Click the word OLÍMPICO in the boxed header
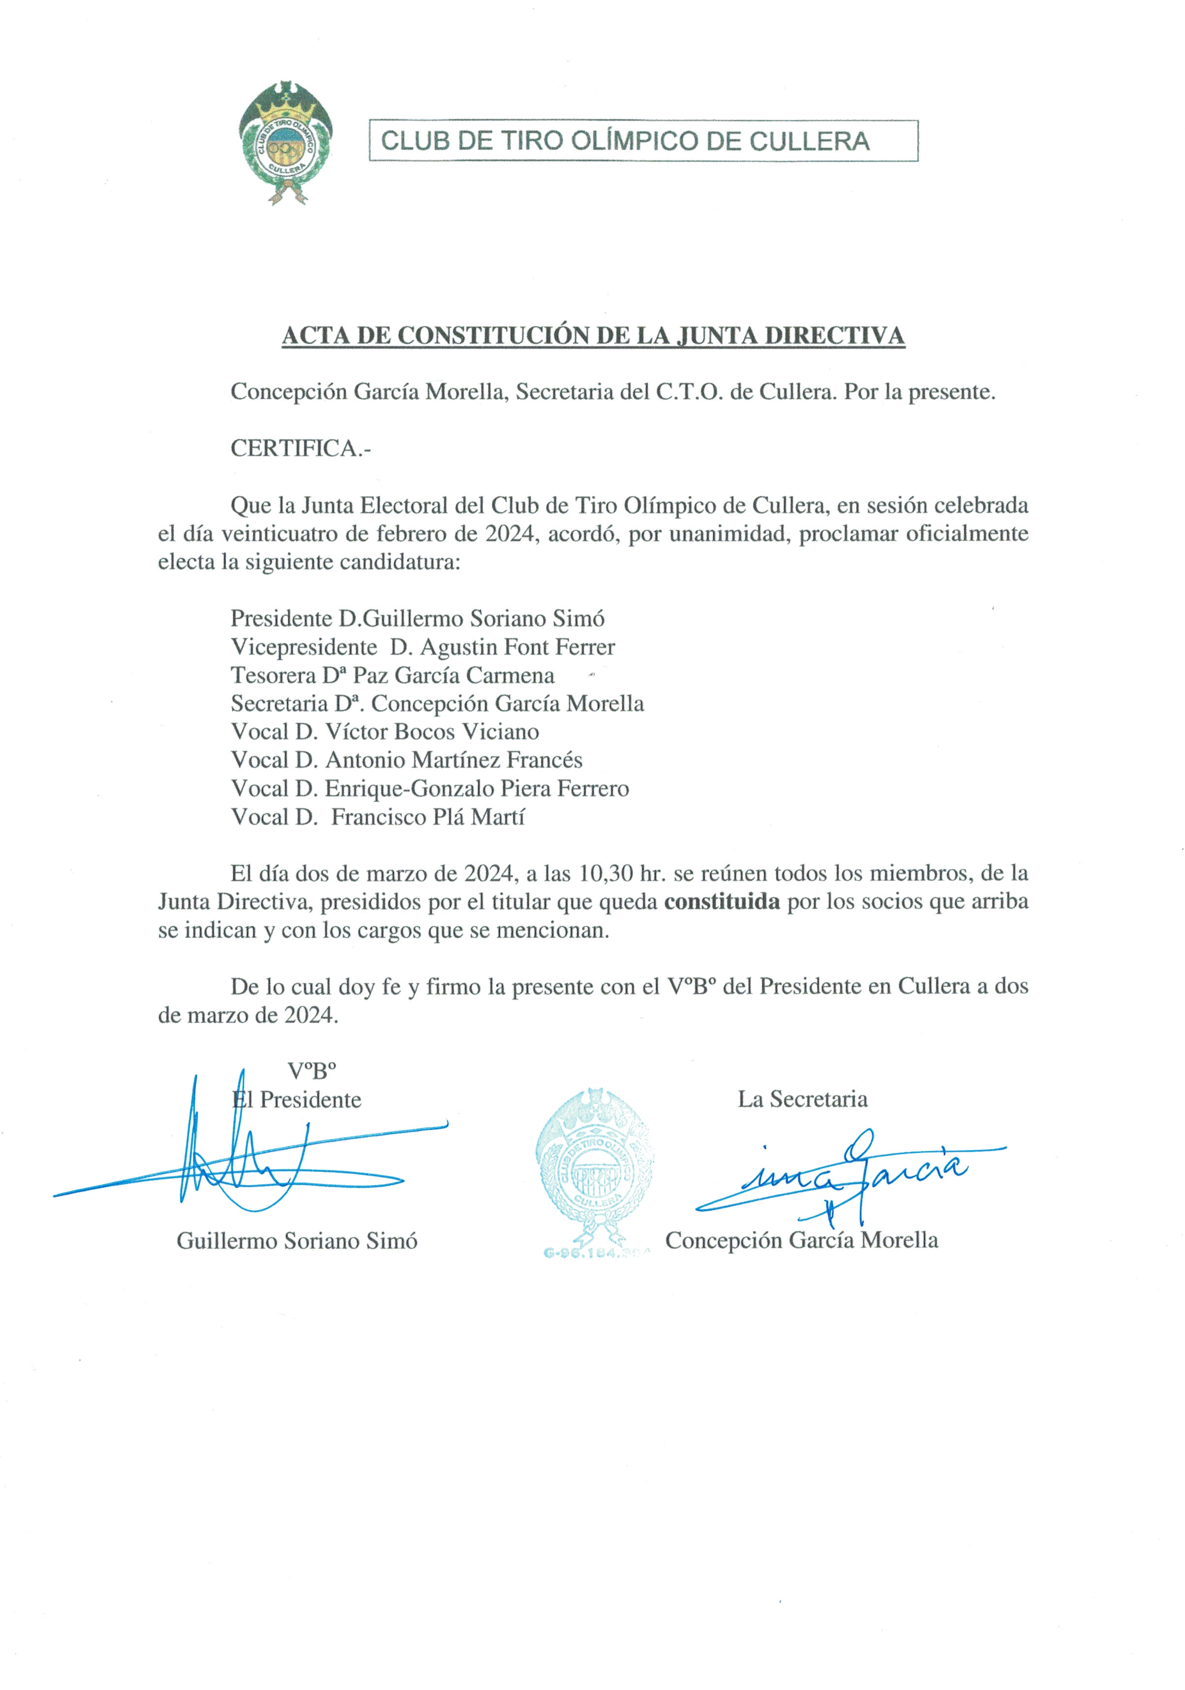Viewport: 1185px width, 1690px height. click(x=633, y=141)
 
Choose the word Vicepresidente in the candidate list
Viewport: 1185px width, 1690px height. click(x=304, y=647)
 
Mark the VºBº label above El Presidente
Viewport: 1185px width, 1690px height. click(x=311, y=1070)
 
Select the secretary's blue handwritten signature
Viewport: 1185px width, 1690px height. click(x=847, y=1174)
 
